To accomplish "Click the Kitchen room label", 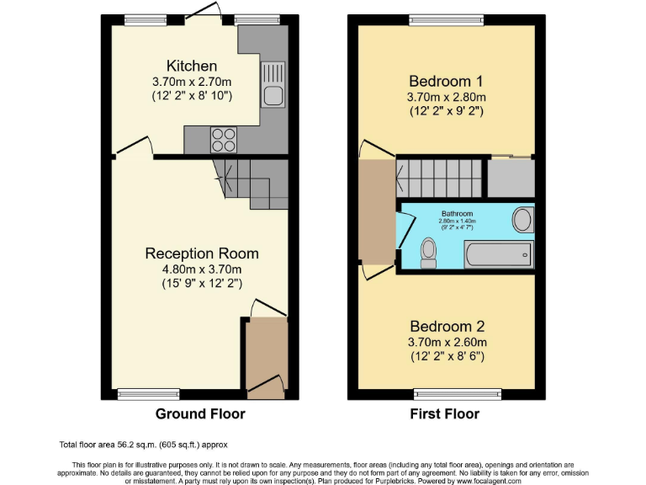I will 192,66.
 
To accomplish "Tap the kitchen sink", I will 273,84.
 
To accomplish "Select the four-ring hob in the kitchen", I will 223,137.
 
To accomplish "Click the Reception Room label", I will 202,253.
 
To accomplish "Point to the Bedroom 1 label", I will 446,82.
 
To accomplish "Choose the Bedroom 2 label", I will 446,326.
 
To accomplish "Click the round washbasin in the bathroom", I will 522,221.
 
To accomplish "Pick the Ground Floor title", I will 200,414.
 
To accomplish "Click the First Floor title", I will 444,414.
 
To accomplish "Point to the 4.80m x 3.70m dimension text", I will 202,270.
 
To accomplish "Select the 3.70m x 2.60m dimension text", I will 446,342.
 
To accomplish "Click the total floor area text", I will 143,445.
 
